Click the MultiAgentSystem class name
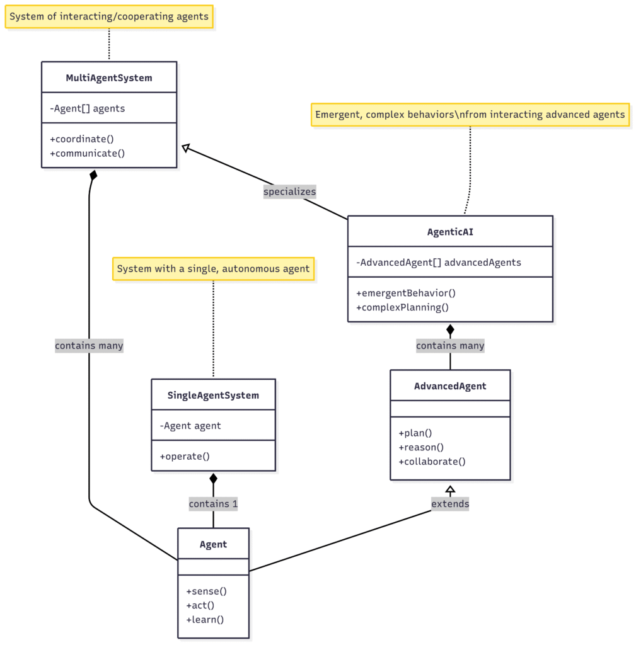[108, 78]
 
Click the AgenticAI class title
[449, 232]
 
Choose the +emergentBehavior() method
[405, 293]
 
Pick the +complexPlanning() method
[402, 307]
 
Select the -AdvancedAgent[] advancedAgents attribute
[439, 262]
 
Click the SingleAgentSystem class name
[213, 396]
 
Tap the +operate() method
[185, 456]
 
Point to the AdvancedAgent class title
[450, 386]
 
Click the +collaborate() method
[432, 461]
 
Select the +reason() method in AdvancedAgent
[421, 447]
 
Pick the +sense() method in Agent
[206, 591]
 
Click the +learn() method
[205, 619]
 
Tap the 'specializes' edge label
[289, 191]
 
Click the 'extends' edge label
[450, 504]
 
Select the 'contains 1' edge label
[213, 504]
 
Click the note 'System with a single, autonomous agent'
[213, 268]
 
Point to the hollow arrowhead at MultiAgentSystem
[185, 147]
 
